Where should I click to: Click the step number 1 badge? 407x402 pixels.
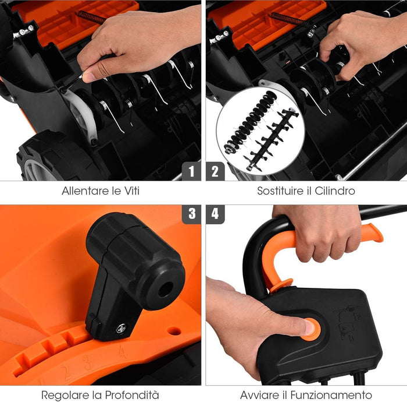pos(191,171)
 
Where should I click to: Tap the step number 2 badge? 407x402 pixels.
pos(215,171)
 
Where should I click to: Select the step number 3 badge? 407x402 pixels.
pos(191,214)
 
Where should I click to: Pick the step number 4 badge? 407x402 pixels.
pos(215,214)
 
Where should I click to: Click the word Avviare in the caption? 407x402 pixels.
pos(259,395)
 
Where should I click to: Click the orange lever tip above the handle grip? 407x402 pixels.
pos(372,232)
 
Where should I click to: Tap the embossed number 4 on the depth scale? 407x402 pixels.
pos(122,351)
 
